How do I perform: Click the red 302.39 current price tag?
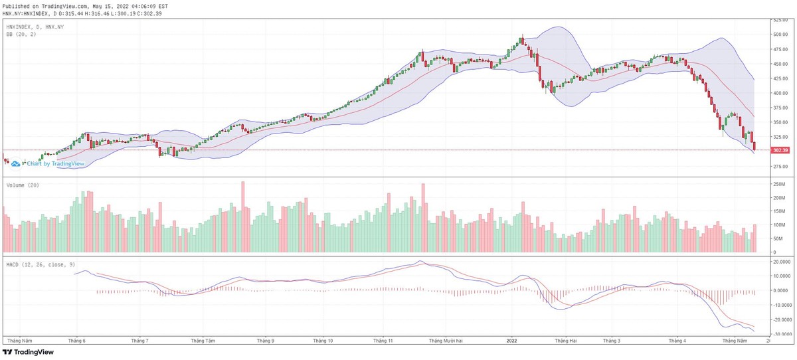pyautogui.click(x=780, y=150)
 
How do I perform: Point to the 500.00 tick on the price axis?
pyautogui.click(x=779, y=34)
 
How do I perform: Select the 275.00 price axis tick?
pyautogui.click(x=779, y=166)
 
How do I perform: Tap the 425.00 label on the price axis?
pyautogui.click(x=779, y=78)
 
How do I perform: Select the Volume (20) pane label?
pyautogui.click(x=22, y=185)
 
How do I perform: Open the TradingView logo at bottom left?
pyautogui.click(x=28, y=352)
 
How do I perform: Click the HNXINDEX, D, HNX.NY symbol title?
pyautogui.click(x=34, y=27)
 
